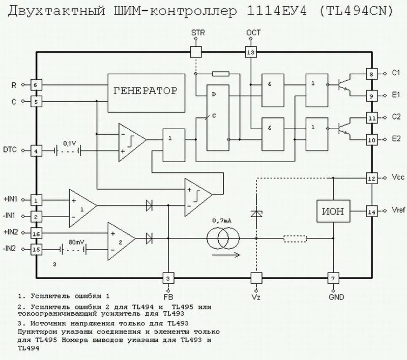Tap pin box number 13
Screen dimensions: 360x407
pyautogui.click(x=250, y=52)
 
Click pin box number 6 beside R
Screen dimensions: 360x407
pyautogui.click(x=35, y=84)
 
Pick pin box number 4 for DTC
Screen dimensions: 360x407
pyautogui.click(x=35, y=151)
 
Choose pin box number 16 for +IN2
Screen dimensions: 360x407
pyautogui.click(x=35, y=233)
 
